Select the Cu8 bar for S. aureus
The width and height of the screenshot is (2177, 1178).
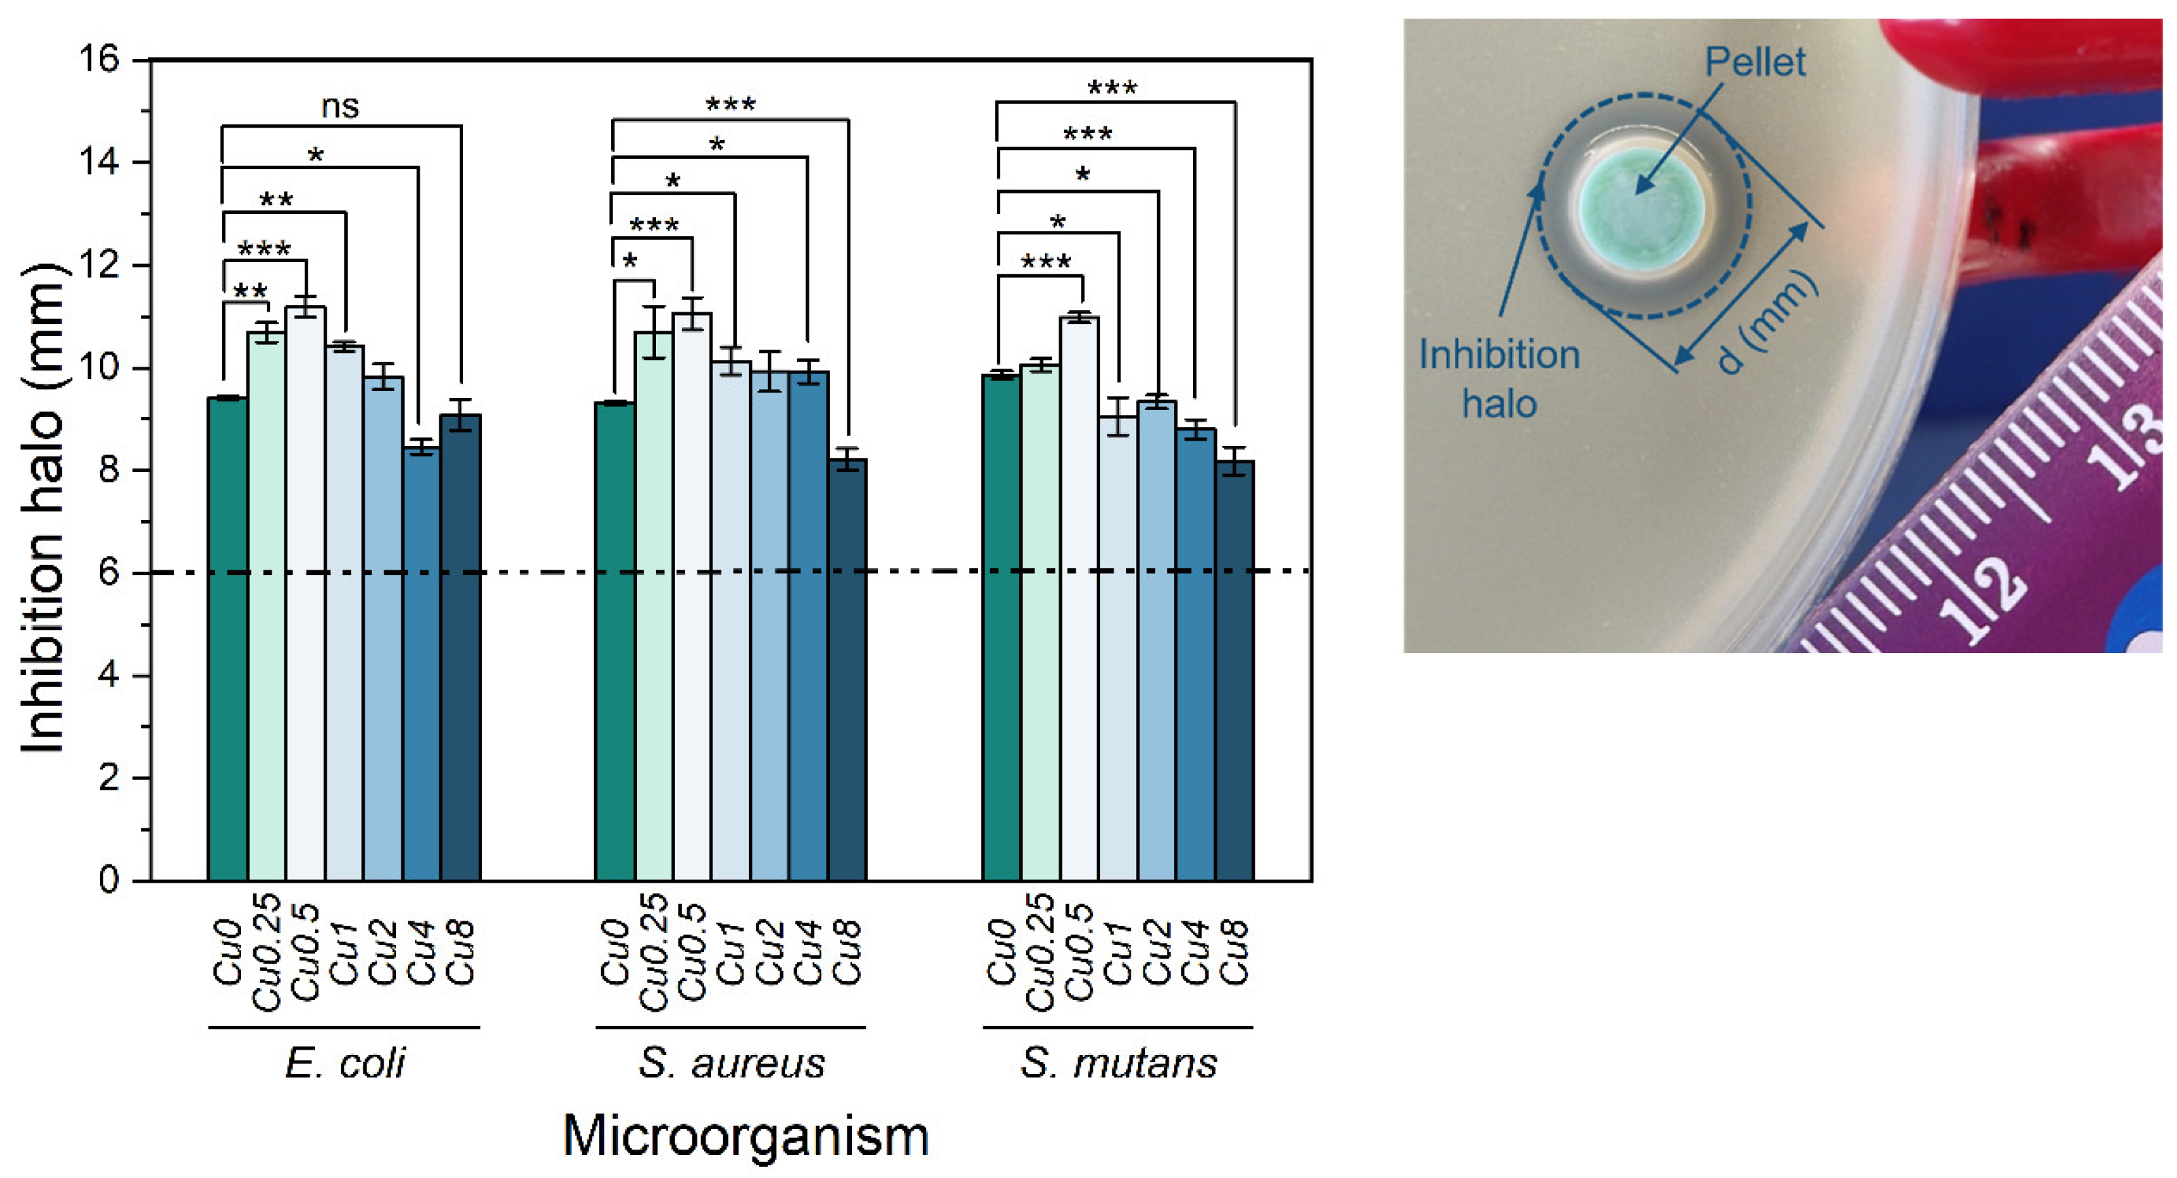(847, 667)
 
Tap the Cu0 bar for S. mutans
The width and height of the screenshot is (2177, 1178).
(1001, 625)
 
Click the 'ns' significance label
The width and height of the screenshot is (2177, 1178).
(340, 107)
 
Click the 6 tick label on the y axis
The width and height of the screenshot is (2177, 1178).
(109, 573)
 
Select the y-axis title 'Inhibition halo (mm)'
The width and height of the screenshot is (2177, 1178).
(42, 507)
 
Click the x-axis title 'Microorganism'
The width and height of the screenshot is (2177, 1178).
(746, 1135)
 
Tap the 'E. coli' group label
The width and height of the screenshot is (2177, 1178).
(345, 1062)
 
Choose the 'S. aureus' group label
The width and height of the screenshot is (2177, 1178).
(731, 1062)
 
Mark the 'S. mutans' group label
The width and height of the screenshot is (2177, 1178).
(1118, 1062)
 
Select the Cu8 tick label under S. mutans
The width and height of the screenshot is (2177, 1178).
(1234, 953)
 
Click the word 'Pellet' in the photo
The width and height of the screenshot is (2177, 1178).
(1755, 62)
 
